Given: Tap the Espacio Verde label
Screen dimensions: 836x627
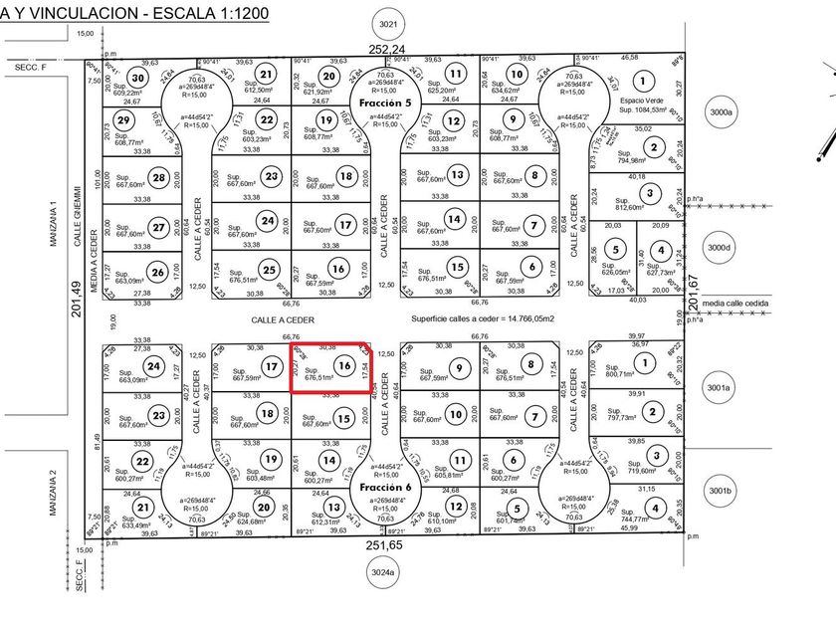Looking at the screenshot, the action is pos(643,103).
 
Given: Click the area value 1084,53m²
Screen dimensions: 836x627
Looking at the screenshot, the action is pos(643,111).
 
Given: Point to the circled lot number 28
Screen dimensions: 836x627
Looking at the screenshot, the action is pos(157,178).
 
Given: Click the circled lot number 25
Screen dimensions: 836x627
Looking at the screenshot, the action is pos(268,269).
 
